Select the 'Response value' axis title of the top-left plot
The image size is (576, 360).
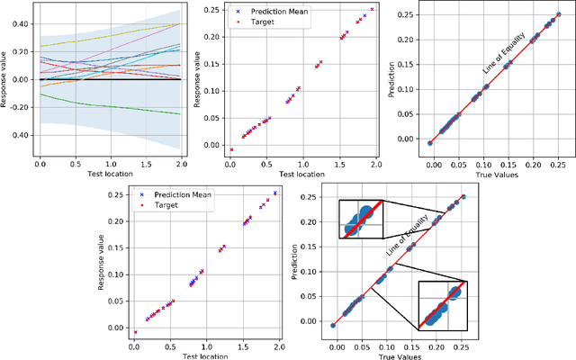coord(4,80)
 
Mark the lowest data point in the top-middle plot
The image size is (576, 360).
coord(231,149)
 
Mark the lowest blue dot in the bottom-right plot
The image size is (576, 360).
coord(334,325)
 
